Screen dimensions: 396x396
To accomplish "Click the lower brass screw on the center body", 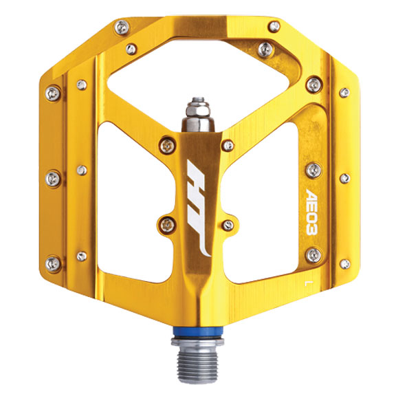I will pos(166,221).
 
